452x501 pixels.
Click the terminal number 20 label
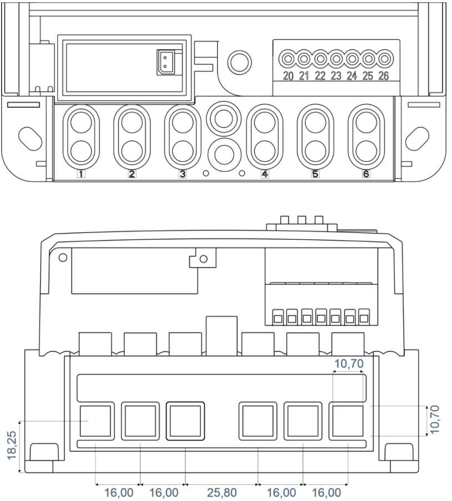pyautogui.click(x=288, y=76)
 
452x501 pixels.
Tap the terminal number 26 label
pyautogui.click(x=384, y=76)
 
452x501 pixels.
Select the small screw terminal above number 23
pyautogui.click(x=336, y=59)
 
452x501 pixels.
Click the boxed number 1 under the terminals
pyautogui.click(x=81, y=174)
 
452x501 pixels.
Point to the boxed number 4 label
pyautogui.click(x=264, y=174)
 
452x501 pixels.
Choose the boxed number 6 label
pyautogui.click(x=366, y=174)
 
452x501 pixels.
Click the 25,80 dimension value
pyautogui.click(x=222, y=493)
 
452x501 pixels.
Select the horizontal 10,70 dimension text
pyautogui.click(x=349, y=363)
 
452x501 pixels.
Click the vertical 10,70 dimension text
pyautogui.click(x=434, y=419)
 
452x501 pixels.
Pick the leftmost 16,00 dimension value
pyautogui.click(x=119, y=493)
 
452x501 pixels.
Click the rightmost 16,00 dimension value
pyautogui.click(x=326, y=493)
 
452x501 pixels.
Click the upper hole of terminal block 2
pyautogui.click(x=132, y=122)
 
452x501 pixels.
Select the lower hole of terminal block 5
pyautogui.click(x=315, y=151)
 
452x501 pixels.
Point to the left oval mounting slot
pyautogui.click(x=30, y=138)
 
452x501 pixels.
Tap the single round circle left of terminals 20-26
pyautogui.click(x=239, y=61)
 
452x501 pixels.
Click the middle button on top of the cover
pyautogui.click(x=302, y=220)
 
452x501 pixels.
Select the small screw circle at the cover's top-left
pyautogui.click(x=63, y=257)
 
